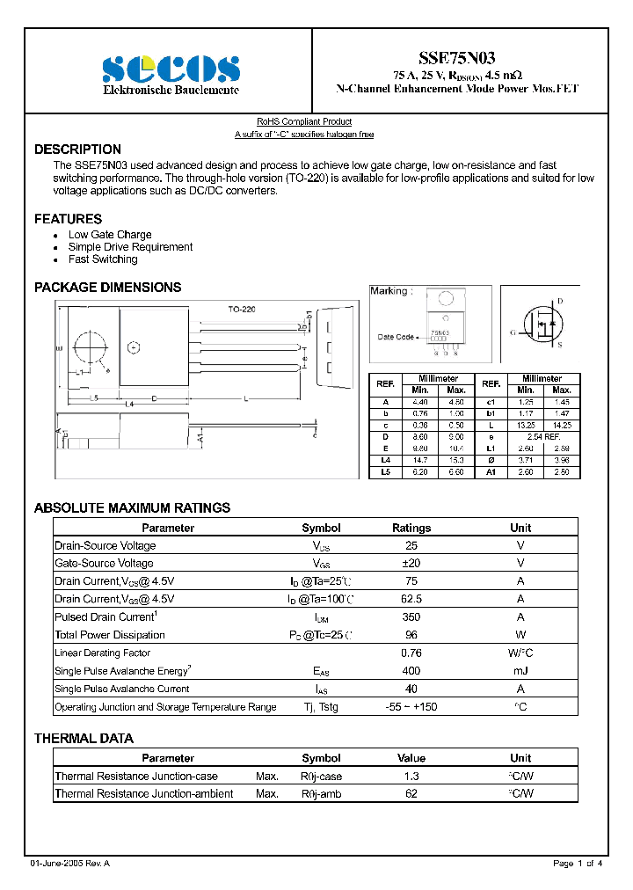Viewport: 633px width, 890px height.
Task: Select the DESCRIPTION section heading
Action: (x=77, y=150)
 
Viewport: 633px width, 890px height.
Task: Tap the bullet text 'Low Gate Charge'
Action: (x=110, y=235)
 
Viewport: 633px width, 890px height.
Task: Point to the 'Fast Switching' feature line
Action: (x=103, y=259)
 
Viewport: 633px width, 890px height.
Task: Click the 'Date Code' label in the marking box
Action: (x=396, y=337)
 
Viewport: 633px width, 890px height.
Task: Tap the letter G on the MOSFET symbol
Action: (x=513, y=332)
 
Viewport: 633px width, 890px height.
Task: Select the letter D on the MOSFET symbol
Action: (x=560, y=302)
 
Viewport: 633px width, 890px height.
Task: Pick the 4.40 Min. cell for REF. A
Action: (x=420, y=402)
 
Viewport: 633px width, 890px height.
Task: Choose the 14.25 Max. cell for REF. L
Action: (x=562, y=425)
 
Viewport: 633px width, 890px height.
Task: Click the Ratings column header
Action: (x=411, y=528)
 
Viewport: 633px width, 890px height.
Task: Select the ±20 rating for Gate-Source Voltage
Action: (x=411, y=563)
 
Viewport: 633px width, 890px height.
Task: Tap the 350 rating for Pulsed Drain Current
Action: (x=411, y=617)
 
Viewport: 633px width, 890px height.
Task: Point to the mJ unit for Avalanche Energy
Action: (x=520, y=671)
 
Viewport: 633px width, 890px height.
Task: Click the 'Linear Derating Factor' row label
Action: (x=102, y=653)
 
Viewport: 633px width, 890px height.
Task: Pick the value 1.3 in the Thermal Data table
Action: (x=411, y=777)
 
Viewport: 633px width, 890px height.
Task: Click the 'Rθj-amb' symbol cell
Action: (x=321, y=794)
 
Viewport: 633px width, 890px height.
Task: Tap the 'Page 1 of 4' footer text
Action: (x=578, y=864)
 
